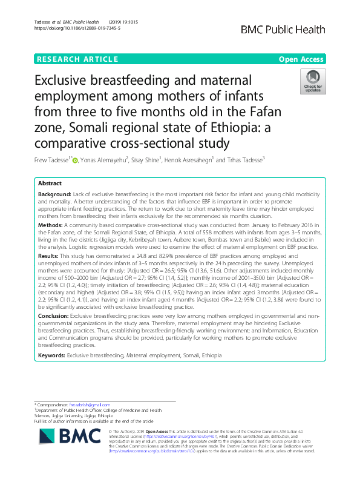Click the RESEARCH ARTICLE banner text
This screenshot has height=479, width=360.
(x=77, y=59)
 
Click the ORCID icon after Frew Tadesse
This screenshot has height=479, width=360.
(x=75, y=160)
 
